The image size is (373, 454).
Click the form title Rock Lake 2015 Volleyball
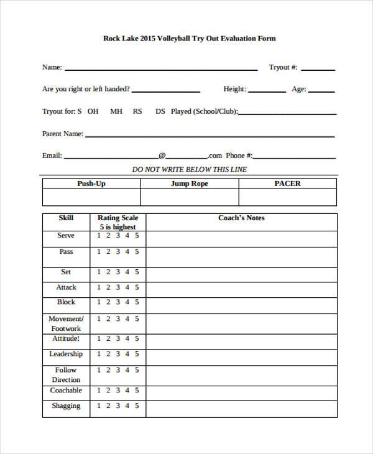click(188, 38)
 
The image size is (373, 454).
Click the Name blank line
click(161, 68)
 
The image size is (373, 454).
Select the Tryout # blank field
click(318, 68)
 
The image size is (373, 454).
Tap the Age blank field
click(322, 91)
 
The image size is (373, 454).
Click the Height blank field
click(267, 91)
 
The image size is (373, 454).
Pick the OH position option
click(93, 112)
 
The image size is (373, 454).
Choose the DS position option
click(160, 112)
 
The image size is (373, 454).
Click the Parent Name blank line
click(210, 135)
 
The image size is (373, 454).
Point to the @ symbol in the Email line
click(162, 156)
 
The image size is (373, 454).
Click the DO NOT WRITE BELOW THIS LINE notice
click(190, 170)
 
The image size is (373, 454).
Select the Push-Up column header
click(91, 184)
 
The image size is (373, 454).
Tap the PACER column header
click(287, 184)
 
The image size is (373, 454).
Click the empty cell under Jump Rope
click(189, 197)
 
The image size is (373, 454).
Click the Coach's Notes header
click(241, 218)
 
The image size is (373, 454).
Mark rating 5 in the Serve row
click(136, 236)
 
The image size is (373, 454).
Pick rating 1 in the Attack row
click(98, 287)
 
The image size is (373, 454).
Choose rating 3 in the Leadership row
click(117, 354)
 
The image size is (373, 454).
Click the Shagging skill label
click(66, 406)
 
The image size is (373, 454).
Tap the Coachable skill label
click(66, 391)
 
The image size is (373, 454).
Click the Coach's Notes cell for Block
click(241, 303)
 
